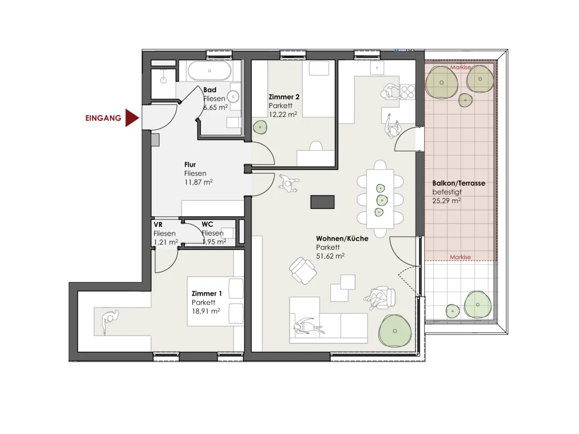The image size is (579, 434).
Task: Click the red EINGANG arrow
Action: pyautogui.click(x=132, y=118)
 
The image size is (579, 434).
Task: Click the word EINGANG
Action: pyautogui.click(x=103, y=118)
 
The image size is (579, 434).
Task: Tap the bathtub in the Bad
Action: pyautogui.click(x=209, y=70)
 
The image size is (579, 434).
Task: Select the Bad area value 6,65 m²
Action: pyautogui.click(x=216, y=107)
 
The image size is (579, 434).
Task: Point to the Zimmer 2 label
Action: pyautogui.click(x=284, y=97)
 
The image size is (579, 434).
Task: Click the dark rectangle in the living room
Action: pyautogui.click(x=322, y=202)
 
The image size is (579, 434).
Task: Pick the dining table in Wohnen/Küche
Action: pyautogui.click(x=380, y=199)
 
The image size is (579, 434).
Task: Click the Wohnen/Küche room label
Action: pyautogui.click(x=342, y=239)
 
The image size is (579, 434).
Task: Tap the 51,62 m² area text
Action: pyautogui.click(x=330, y=256)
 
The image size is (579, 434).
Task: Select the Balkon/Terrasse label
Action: pyautogui.click(x=459, y=183)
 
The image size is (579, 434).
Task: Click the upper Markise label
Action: pyautogui.click(x=460, y=68)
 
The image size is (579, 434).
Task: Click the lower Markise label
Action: pyautogui.click(x=460, y=257)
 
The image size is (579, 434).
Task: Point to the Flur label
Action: pyautogui.click(x=190, y=165)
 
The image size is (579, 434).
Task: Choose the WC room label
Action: pyautogui.click(x=207, y=224)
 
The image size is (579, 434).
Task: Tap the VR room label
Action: pyautogui.click(x=158, y=225)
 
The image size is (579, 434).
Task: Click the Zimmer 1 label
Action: pyautogui.click(x=207, y=293)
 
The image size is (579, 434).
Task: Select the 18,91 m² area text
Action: pyautogui.click(x=206, y=311)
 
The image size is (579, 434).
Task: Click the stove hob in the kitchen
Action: pyautogui.click(x=408, y=92)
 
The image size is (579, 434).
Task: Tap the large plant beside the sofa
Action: pyautogui.click(x=395, y=331)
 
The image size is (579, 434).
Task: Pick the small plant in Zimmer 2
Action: pyautogui.click(x=260, y=127)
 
